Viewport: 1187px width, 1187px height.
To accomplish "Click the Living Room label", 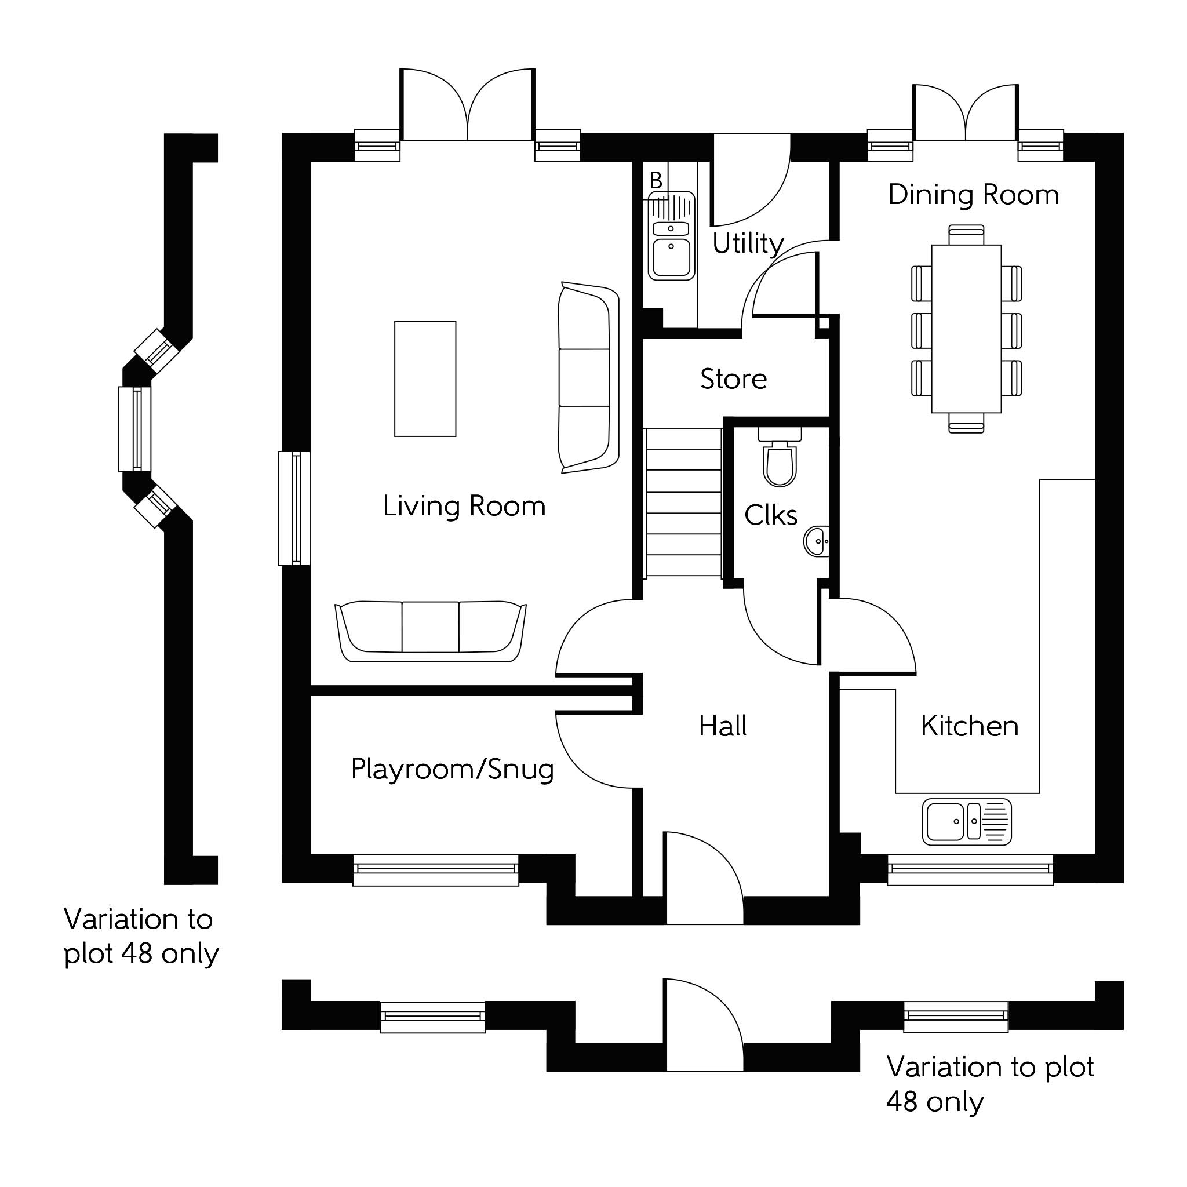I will [464, 506].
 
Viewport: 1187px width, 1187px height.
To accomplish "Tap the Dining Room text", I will [973, 195].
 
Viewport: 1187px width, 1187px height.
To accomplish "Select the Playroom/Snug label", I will [452, 769].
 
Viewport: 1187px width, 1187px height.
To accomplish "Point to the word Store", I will [734, 379].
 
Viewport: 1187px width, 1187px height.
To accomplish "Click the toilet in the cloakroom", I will [780, 461].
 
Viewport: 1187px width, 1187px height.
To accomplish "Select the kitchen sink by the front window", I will [966, 821].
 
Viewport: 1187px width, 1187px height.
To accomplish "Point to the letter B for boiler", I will [656, 180].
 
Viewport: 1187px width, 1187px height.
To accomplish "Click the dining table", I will [966, 329].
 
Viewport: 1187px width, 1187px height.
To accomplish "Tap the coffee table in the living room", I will [425, 378].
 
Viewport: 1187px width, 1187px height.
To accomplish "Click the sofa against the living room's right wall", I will [587, 378].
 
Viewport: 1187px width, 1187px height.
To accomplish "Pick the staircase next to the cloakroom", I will [683, 503].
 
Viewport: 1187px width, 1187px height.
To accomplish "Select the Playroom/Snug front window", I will [436, 869].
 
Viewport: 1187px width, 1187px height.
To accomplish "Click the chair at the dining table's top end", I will [966, 234].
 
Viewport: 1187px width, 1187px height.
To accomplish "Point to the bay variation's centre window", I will [135, 429].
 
